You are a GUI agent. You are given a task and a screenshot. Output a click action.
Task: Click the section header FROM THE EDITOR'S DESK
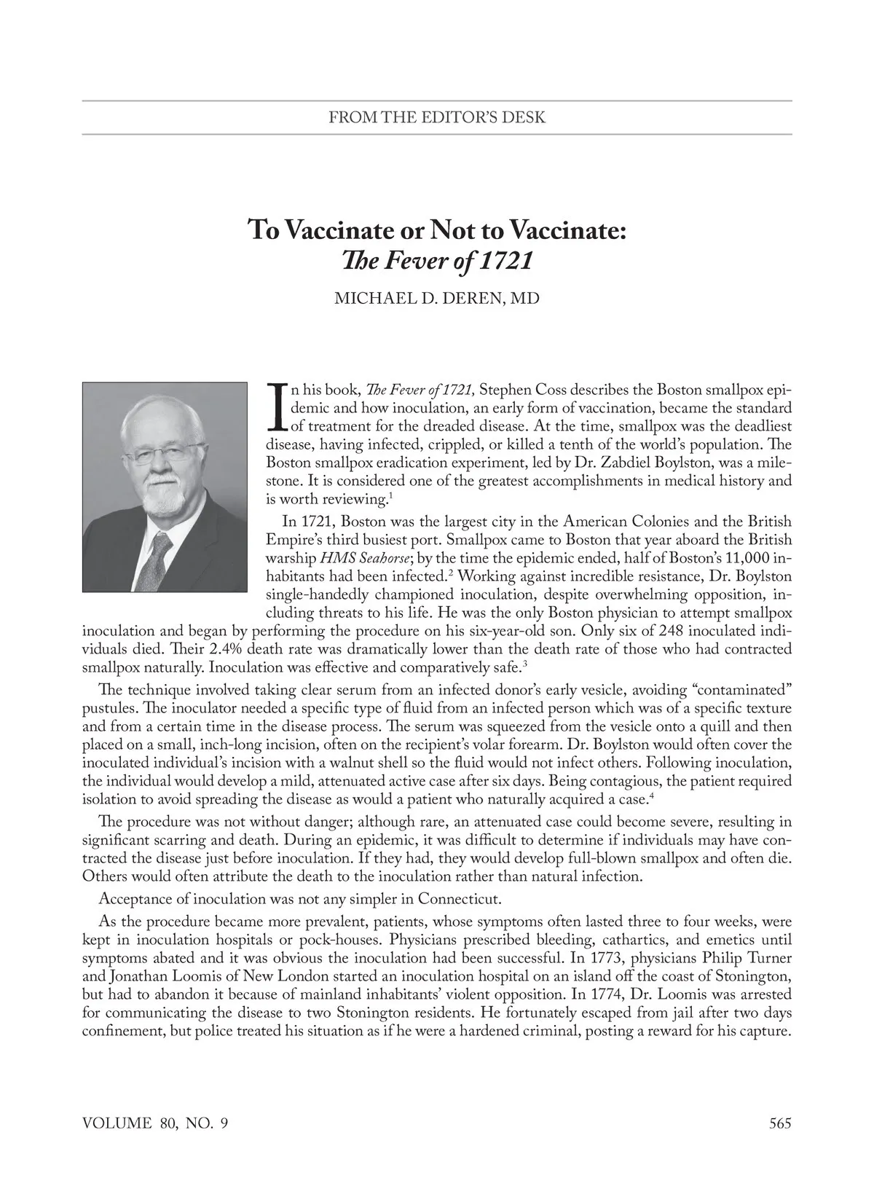[436, 117]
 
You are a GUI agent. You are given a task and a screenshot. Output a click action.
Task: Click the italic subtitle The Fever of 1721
[436, 261]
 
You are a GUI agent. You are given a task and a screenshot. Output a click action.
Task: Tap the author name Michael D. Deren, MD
[436, 299]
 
